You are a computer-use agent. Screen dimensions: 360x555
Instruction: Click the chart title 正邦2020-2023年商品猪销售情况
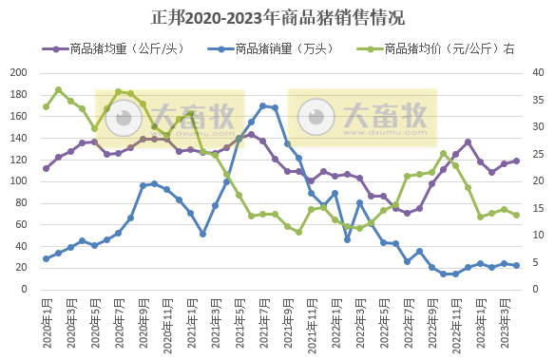pos(277,17)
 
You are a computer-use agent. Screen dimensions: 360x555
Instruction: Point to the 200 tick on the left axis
pos(18,72)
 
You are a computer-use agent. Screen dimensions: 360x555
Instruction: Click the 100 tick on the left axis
pos(18,181)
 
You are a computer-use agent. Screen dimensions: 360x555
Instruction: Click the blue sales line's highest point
pos(263,105)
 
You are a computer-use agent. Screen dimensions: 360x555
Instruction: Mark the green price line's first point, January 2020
pos(46,106)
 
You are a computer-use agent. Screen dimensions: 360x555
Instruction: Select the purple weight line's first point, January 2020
pos(46,168)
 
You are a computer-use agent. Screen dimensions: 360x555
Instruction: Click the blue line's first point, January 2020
pos(46,258)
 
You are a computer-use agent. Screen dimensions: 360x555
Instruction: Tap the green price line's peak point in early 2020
pos(58,89)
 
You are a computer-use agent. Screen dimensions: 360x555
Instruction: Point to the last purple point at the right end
pos(516,161)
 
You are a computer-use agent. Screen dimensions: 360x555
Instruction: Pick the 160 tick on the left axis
pos(18,116)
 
